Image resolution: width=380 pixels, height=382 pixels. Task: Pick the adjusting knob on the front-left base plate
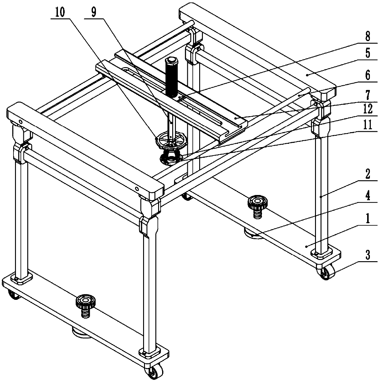coord(85,302)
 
